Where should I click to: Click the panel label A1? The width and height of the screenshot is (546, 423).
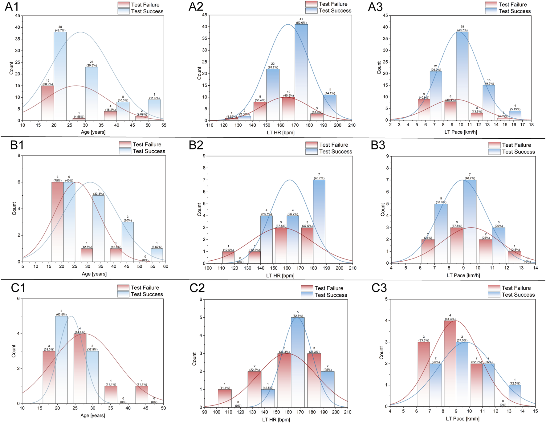coord(12,7)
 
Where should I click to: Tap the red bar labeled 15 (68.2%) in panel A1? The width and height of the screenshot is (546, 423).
coord(48,103)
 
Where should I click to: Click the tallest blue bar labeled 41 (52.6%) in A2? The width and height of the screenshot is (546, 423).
coord(301,72)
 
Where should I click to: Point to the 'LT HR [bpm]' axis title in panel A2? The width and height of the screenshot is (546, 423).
coord(280,133)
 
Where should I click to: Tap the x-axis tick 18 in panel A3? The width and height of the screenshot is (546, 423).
coord(531,125)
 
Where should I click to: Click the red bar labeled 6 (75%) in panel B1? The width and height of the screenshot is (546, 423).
coord(57,222)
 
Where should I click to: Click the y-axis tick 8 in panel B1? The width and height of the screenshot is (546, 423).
coord(19,156)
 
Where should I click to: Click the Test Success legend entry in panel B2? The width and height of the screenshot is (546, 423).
coord(329,152)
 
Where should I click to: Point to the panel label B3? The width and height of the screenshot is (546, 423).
coord(378,145)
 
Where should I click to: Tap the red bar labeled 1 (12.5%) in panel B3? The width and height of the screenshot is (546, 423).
coord(514,257)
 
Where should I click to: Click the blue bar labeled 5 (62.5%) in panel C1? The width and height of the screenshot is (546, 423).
coord(61,360)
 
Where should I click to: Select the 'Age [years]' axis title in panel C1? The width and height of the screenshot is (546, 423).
coord(93,416)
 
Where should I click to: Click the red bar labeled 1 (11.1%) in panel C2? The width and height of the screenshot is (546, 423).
coord(225,398)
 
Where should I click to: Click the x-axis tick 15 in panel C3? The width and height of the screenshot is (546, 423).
coord(535,411)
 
